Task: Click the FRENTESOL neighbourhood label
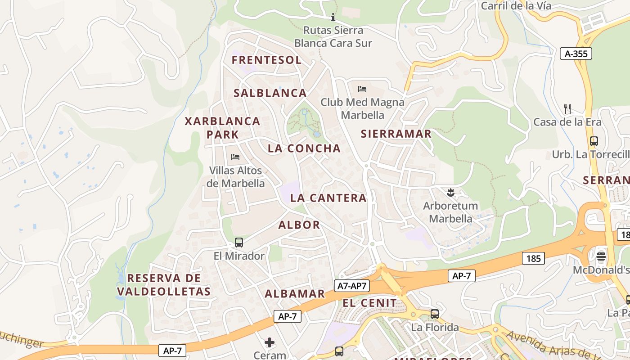(x=266, y=60)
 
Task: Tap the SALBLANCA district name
(x=270, y=93)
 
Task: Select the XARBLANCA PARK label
(x=223, y=128)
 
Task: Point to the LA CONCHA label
(x=304, y=148)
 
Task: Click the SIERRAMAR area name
(x=396, y=134)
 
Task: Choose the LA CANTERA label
(x=328, y=198)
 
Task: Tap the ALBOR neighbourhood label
(x=299, y=225)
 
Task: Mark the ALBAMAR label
(x=295, y=294)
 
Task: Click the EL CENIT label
(x=370, y=303)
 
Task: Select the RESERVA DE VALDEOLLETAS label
(x=164, y=285)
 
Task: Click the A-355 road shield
(x=576, y=54)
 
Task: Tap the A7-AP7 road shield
(x=352, y=285)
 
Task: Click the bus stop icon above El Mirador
(x=239, y=243)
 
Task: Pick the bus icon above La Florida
(x=435, y=314)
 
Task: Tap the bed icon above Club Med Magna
(x=362, y=89)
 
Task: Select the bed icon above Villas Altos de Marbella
(x=235, y=157)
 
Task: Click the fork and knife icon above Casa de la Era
(x=567, y=108)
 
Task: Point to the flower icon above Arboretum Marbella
(x=450, y=193)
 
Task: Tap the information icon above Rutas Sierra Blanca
(x=333, y=18)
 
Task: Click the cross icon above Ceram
(x=270, y=342)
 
